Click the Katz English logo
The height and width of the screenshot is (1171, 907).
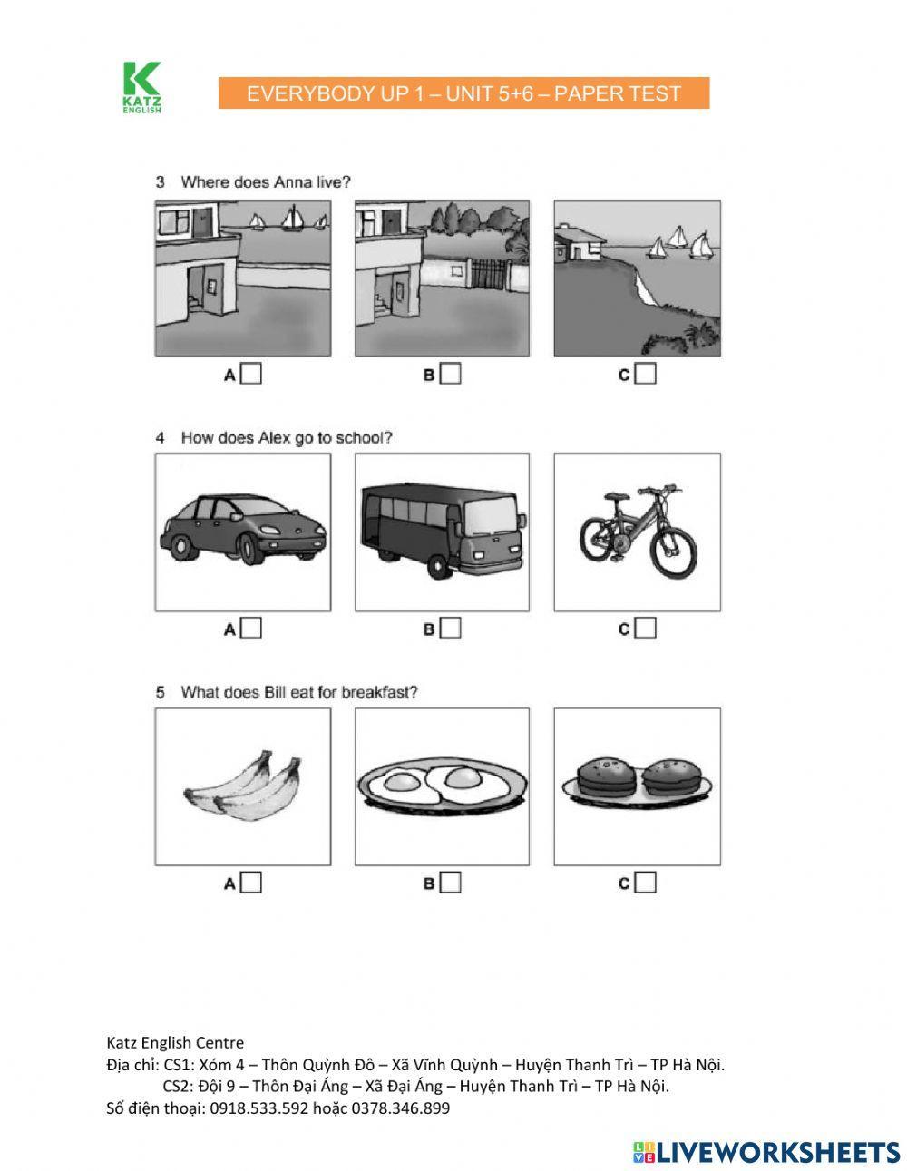click(141, 88)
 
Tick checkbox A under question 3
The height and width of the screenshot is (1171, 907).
click(251, 374)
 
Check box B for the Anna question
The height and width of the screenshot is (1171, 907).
click(450, 374)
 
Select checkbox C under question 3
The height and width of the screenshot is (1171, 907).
click(645, 374)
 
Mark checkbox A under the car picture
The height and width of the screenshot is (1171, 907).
click(251, 628)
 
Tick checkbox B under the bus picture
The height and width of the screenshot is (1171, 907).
click(450, 628)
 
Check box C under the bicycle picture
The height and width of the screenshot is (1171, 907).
click(645, 628)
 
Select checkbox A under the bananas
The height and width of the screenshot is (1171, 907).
click(251, 883)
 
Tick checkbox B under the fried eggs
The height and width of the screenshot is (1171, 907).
click(450, 883)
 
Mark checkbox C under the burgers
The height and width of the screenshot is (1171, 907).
click(645, 883)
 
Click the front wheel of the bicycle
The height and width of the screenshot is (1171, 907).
click(673, 551)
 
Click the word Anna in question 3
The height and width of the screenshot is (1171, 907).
click(292, 182)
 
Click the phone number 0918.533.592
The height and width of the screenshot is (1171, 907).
click(259, 1108)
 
